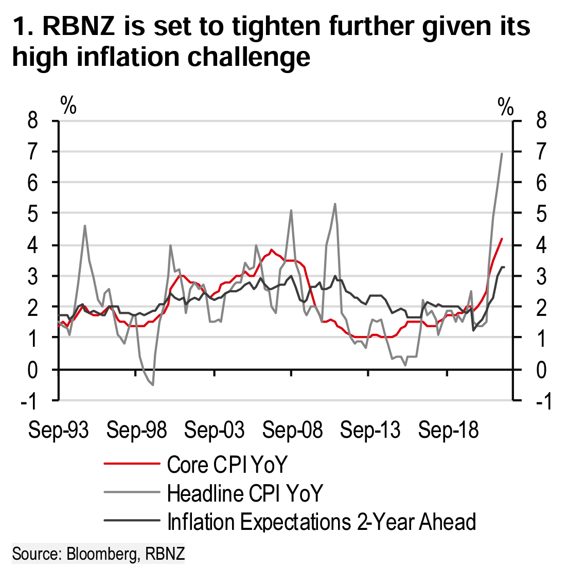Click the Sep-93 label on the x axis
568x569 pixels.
59,430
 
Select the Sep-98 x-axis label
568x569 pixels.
137,430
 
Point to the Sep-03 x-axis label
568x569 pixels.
215,430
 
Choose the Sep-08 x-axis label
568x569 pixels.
292,430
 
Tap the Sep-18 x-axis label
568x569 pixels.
448,430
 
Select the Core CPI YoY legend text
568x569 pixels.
227,465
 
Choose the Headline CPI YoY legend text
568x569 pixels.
245,493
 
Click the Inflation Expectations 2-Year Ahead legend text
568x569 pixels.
322,522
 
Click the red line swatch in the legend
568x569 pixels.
131,465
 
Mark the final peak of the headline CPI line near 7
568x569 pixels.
502,153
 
